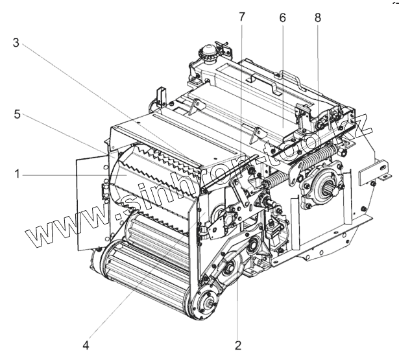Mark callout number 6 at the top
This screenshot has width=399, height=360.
click(x=282, y=18)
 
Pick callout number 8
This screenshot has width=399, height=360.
click(x=317, y=18)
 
